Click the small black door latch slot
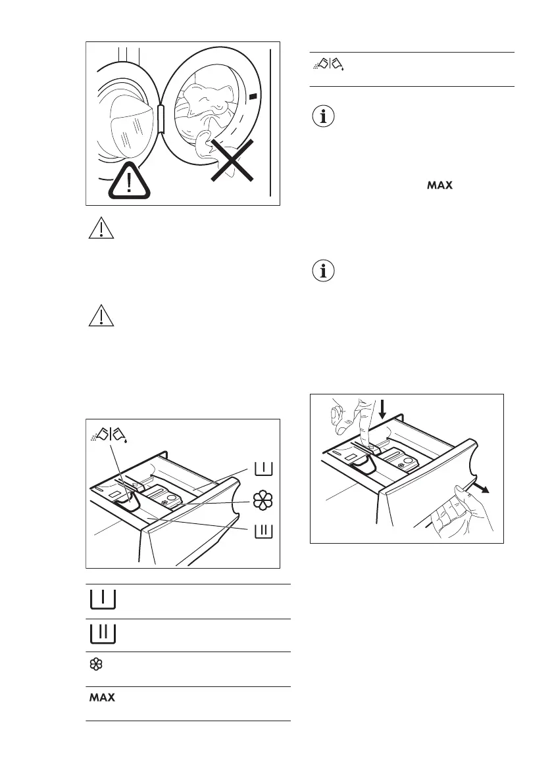[x=253, y=97]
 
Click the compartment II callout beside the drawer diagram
[x=263, y=531]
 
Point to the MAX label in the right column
[x=440, y=187]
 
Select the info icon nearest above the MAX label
[x=324, y=118]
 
